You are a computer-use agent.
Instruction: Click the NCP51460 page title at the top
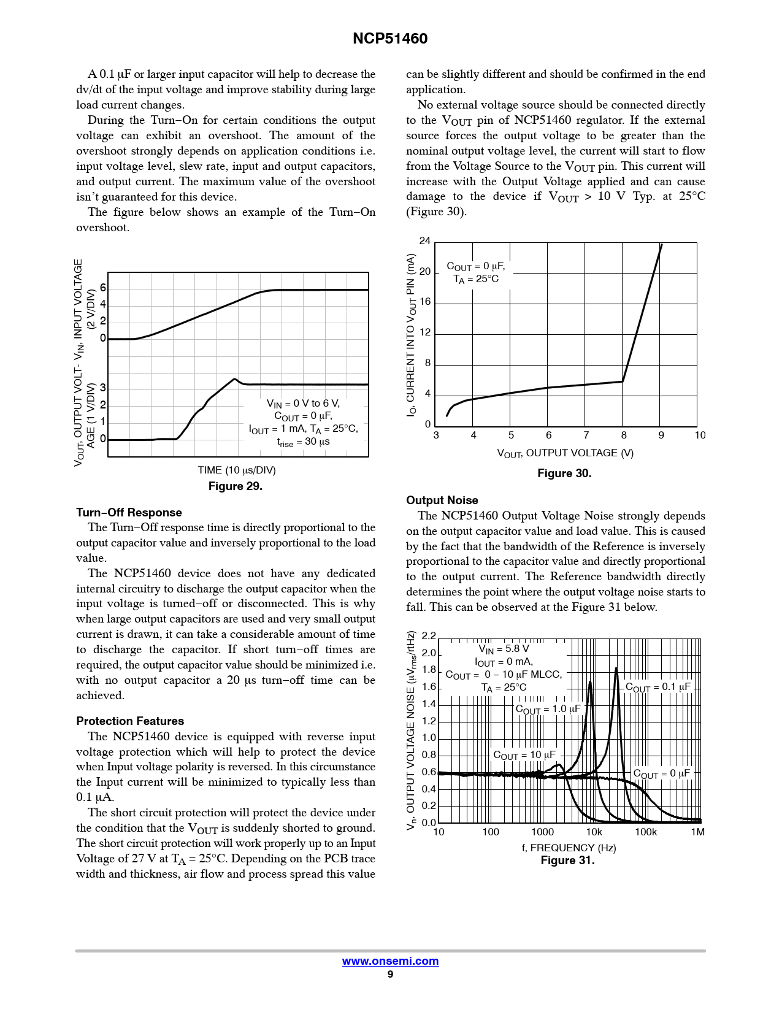390,39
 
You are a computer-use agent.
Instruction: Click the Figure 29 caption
235,486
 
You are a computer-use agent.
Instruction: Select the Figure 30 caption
564,473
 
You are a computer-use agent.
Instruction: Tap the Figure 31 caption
567,861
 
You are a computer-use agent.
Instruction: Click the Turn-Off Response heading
129,513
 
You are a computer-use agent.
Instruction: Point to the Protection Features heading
130,721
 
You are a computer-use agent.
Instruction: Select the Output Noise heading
442,500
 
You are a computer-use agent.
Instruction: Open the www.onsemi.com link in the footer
390,961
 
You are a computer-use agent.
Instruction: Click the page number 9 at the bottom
390,975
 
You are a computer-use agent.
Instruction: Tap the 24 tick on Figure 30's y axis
424,241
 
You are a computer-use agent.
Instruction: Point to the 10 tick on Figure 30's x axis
700,435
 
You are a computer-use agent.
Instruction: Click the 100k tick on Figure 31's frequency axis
645,832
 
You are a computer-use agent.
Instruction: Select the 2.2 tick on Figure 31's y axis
428,636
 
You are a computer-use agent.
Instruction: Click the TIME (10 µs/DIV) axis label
236,470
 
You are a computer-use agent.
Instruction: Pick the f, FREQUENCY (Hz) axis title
569,848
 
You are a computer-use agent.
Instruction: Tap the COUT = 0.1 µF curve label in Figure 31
657,688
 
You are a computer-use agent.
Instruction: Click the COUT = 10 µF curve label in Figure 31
524,756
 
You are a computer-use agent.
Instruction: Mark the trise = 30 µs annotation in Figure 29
303,442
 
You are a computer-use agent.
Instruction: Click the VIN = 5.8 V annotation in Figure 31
504,649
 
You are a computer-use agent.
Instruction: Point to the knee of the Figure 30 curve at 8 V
623,381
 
